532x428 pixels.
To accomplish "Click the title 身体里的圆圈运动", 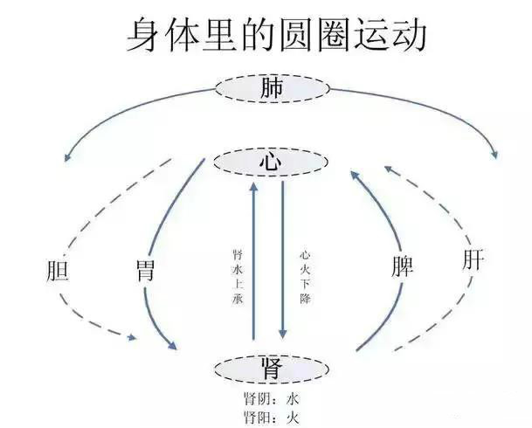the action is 276,36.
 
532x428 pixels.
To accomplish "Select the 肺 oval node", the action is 272,88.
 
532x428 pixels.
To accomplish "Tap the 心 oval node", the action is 271,162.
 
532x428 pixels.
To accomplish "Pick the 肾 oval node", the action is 272,369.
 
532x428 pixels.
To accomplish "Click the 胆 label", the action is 58,270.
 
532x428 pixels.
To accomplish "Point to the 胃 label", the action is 145,270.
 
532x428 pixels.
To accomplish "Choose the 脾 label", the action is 403,266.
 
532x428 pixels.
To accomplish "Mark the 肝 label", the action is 473,259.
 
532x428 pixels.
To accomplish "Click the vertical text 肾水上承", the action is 238,277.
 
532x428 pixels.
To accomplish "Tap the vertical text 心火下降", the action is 305,277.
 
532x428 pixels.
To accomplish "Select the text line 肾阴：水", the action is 272,399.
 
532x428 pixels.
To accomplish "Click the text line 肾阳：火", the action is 272,418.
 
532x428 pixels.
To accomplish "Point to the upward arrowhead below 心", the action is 253,187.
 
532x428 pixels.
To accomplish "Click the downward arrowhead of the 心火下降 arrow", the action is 283,334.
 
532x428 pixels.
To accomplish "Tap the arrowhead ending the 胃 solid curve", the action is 172,345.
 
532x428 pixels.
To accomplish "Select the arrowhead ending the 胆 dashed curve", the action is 132,337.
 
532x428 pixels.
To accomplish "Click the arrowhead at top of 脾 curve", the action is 355,176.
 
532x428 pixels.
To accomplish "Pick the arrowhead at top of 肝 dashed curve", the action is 389,169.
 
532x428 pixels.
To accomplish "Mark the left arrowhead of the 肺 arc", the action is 67,157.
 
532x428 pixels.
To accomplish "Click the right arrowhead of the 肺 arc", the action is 495,155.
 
